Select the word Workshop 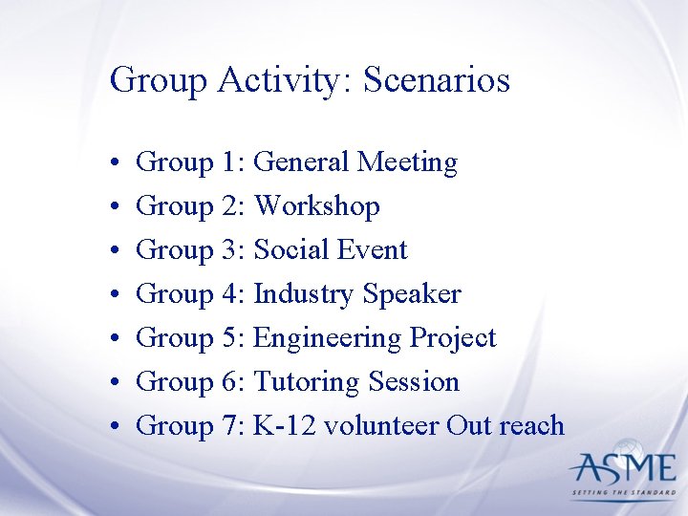317,207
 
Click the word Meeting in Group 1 407,163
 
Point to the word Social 290,250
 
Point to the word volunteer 382,426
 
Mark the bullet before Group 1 114,164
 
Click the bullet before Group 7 114,428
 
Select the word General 302,162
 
